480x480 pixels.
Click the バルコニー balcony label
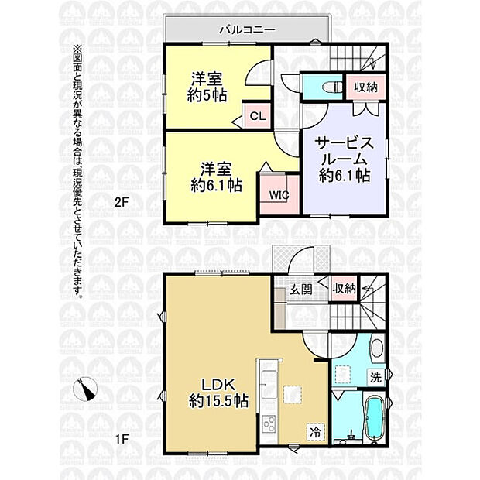[247, 30]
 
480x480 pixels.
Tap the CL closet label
[258, 116]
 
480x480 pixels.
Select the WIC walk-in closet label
[279, 195]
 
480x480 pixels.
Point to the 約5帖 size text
[207, 96]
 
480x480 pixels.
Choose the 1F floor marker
[122, 440]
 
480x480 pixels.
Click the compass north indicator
[86, 389]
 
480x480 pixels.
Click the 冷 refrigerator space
[316, 432]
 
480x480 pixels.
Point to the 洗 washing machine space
[375, 378]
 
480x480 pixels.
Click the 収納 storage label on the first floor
[345, 288]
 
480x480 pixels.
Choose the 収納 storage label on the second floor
[366, 87]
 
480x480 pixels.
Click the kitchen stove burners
[269, 424]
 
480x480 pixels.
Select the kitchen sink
[269, 384]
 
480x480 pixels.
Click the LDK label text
[218, 385]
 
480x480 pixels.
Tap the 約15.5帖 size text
[218, 400]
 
